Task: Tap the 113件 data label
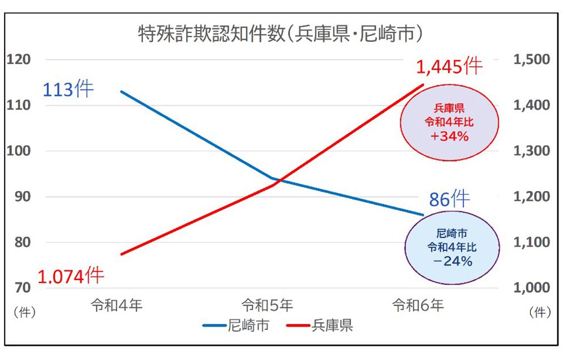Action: coord(68,90)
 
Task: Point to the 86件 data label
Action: coord(449,200)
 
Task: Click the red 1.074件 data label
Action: coord(71,276)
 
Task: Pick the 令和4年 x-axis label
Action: coord(117,306)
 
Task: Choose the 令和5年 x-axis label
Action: coord(267,306)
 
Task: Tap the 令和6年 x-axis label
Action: coord(418,306)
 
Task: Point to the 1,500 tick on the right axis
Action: coord(531,60)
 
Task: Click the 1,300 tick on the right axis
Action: coord(531,151)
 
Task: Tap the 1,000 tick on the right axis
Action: coord(531,288)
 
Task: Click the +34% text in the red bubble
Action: coord(448,136)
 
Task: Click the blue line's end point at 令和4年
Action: coord(121,91)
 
